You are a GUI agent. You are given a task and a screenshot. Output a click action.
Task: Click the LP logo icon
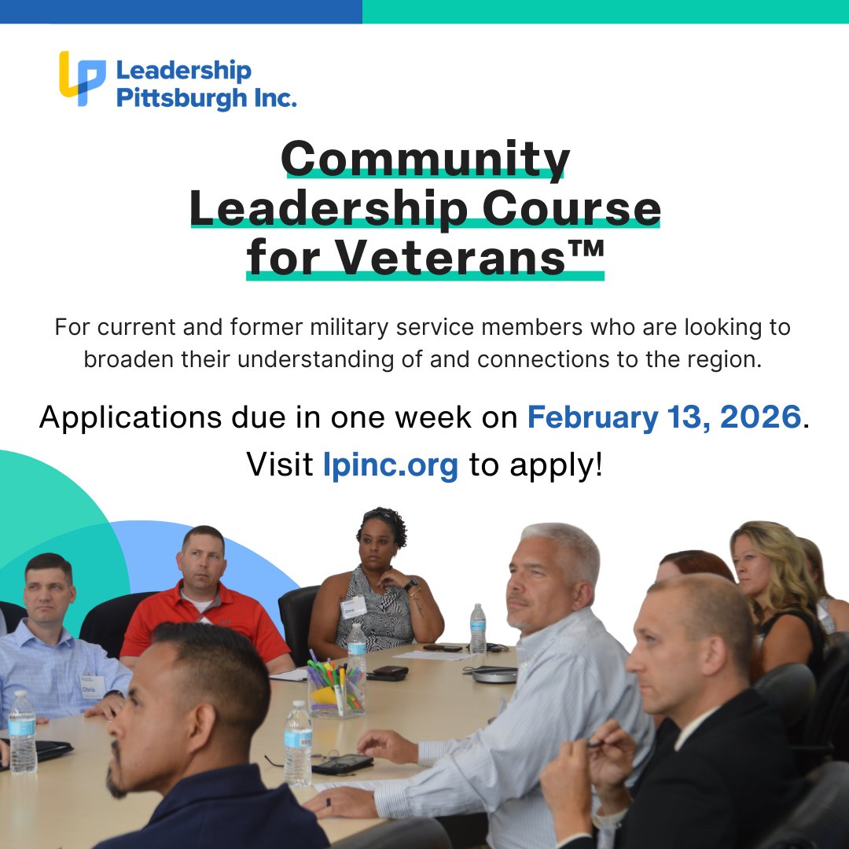click(x=83, y=78)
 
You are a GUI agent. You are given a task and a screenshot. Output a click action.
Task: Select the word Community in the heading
click(x=425, y=160)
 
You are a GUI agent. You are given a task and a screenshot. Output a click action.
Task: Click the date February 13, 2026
click(x=664, y=417)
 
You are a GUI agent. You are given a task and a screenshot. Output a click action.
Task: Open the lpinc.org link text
click(x=390, y=465)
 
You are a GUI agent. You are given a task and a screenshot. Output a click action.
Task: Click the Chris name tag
click(x=92, y=686)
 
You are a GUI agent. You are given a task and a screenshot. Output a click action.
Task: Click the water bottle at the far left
click(x=21, y=735)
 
